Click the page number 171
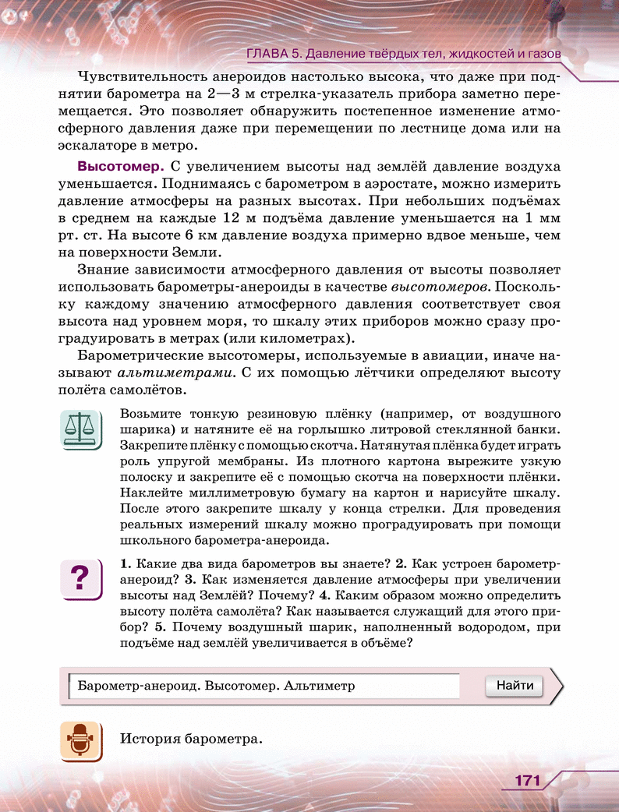(x=528, y=781)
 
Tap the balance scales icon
(x=80, y=430)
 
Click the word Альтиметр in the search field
(x=320, y=686)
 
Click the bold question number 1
(x=125, y=563)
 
